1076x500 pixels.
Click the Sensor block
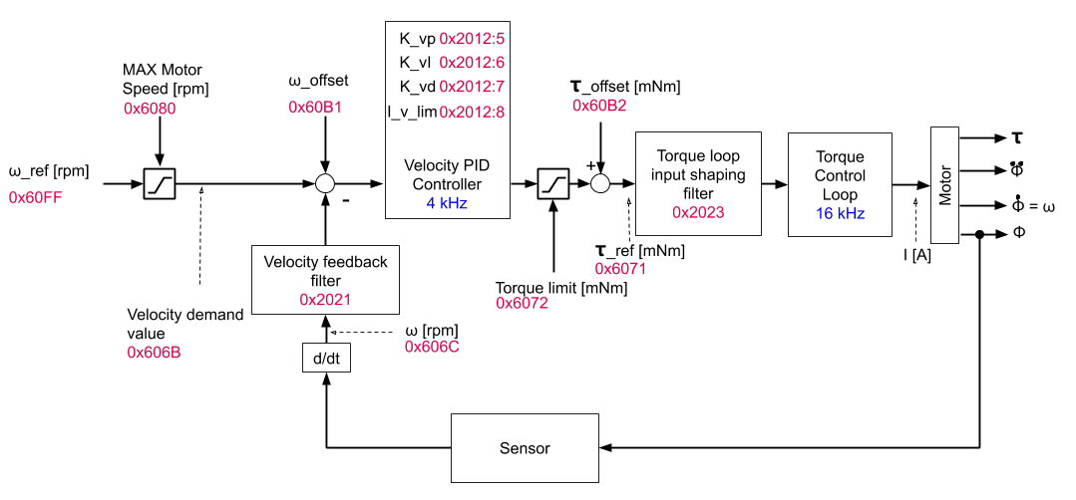tap(525, 448)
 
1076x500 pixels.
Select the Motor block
tap(944, 184)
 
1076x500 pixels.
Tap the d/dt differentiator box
tap(326, 357)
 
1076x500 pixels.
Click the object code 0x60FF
tap(36, 197)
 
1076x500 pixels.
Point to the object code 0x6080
tap(150, 109)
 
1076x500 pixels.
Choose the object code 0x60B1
tap(315, 107)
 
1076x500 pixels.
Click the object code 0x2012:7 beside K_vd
tap(472, 87)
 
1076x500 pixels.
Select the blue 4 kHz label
tap(447, 204)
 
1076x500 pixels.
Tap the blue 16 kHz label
tap(839, 214)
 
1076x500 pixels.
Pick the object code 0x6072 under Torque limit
tap(523, 303)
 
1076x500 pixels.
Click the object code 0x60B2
tap(599, 106)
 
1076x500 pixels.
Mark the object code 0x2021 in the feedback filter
tap(325, 299)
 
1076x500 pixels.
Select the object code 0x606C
tap(432, 347)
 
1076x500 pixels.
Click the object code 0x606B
tap(154, 352)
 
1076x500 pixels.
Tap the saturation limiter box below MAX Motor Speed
tap(159, 183)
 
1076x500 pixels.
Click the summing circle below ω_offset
tap(325, 183)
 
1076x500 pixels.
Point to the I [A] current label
tap(917, 255)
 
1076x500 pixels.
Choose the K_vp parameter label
tap(417, 39)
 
